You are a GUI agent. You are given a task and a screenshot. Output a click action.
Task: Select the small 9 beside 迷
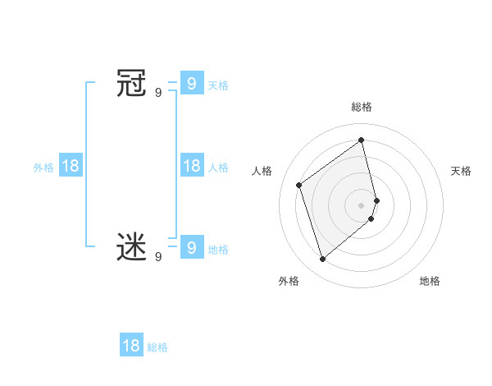click(x=158, y=257)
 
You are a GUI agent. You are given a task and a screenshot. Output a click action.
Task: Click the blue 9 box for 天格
click(x=191, y=83)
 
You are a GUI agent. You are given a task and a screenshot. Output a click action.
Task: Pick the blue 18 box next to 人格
click(x=191, y=166)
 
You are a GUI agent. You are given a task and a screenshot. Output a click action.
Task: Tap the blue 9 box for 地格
click(x=191, y=246)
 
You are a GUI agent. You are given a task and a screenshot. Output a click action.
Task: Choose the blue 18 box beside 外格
click(x=71, y=166)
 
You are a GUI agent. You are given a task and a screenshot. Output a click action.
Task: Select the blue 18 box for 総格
click(x=131, y=345)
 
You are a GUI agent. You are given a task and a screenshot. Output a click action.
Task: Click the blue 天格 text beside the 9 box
click(x=218, y=85)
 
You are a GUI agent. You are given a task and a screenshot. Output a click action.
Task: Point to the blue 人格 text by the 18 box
click(x=218, y=168)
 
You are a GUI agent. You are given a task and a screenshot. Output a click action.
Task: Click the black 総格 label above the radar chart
click(x=362, y=107)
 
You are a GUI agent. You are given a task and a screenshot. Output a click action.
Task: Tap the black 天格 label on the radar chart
click(x=461, y=171)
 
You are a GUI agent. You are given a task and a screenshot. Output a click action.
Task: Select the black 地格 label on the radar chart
click(x=430, y=281)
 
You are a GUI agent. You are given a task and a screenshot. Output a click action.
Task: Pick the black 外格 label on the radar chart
click(x=289, y=281)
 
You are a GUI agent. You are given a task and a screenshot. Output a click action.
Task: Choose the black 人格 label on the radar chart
click(x=262, y=171)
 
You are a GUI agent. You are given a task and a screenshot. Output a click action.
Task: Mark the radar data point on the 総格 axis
click(x=362, y=140)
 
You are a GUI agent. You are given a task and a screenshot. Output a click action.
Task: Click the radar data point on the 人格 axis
click(x=299, y=185)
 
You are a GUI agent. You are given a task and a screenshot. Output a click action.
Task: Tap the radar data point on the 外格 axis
click(x=323, y=260)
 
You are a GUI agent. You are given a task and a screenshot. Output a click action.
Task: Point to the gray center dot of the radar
click(x=362, y=204)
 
